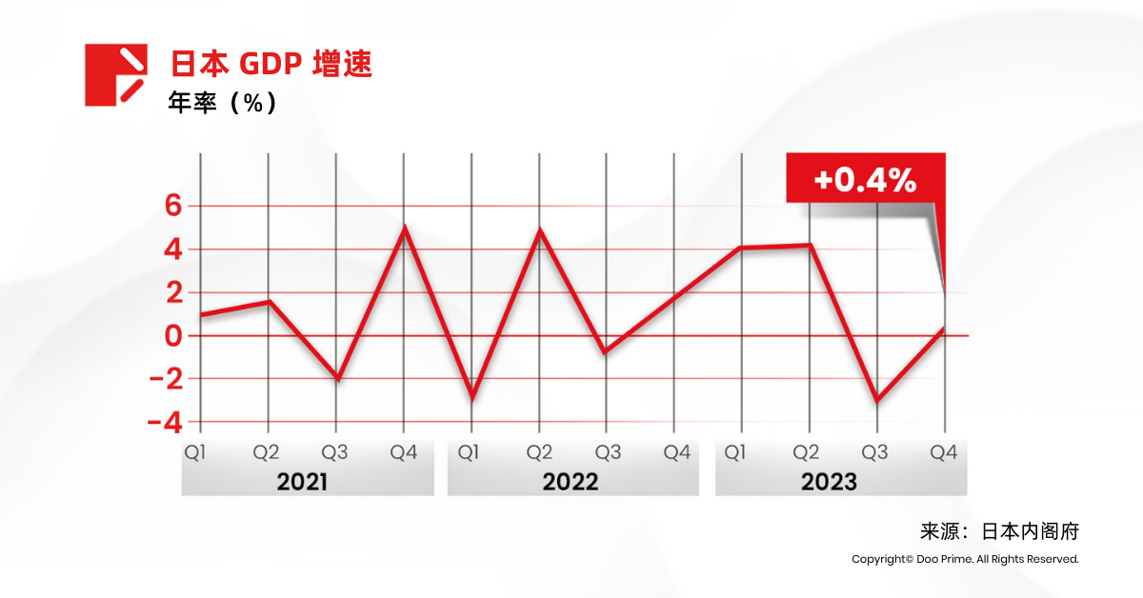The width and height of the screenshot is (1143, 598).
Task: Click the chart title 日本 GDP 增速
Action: pyautogui.click(x=271, y=64)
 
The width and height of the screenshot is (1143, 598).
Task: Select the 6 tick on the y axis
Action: pyautogui.click(x=172, y=206)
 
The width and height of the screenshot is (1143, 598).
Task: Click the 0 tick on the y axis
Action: pyautogui.click(x=172, y=335)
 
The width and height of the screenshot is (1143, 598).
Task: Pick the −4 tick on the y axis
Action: pyautogui.click(x=164, y=421)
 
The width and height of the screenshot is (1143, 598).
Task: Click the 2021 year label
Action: pyautogui.click(x=302, y=482)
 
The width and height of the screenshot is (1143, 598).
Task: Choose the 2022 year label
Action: pyautogui.click(x=571, y=482)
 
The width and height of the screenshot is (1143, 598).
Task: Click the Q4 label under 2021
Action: pyautogui.click(x=404, y=452)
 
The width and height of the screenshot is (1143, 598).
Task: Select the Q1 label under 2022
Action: pyautogui.click(x=470, y=452)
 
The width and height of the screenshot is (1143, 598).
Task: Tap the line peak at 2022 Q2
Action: pyautogui.click(x=540, y=230)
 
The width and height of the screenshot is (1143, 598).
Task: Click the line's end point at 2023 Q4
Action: pyautogui.click(x=943, y=328)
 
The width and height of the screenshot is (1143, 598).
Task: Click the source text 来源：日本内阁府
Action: pyautogui.click(x=999, y=531)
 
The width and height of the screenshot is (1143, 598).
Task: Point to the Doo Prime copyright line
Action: pyautogui.click(x=965, y=559)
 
